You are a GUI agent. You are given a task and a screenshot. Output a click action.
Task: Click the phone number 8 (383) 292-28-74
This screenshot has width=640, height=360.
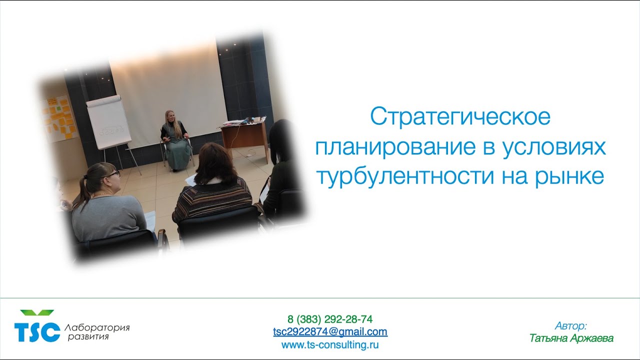point(330,319)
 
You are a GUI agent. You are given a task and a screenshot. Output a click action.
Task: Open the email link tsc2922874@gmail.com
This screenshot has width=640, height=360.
point(330,331)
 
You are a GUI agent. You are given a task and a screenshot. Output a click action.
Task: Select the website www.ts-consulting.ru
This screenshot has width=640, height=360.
point(330,344)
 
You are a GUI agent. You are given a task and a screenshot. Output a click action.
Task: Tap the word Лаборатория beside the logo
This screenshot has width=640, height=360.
point(97,327)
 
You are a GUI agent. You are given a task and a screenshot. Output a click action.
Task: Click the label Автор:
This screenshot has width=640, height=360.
point(571,326)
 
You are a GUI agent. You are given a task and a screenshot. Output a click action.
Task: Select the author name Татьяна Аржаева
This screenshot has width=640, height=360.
point(571,338)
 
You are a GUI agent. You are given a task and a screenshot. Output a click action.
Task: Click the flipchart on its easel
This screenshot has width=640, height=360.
point(108,122)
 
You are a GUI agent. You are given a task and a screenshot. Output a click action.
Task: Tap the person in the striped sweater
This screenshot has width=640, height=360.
point(212,190)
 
